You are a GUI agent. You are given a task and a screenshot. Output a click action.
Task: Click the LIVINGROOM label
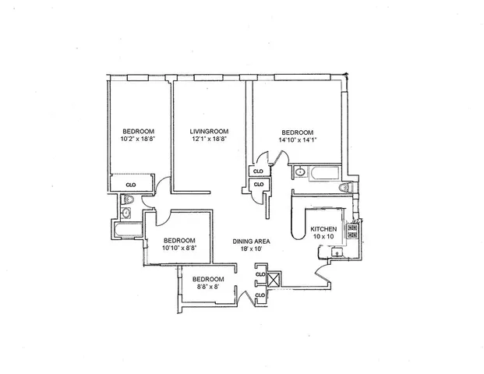click(208, 131)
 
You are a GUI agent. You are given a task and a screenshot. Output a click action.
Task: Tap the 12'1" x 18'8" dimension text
click(208, 139)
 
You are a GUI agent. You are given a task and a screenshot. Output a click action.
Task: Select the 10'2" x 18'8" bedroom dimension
click(138, 139)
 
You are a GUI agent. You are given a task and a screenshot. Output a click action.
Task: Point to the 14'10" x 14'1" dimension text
click(297, 140)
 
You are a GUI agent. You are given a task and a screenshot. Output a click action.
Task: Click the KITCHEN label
click(323, 229)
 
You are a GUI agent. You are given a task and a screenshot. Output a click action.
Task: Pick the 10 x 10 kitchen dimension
click(323, 237)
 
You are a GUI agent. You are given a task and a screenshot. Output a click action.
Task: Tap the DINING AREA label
click(251, 242)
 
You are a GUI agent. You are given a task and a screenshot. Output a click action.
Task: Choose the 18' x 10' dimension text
click(251, 250)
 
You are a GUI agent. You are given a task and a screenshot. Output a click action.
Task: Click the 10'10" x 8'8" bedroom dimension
click(178, 249)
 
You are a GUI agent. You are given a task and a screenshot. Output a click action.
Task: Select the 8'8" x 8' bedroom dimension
click(207, 288)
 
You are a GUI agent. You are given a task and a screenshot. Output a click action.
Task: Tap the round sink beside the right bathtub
click(300, 172)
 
